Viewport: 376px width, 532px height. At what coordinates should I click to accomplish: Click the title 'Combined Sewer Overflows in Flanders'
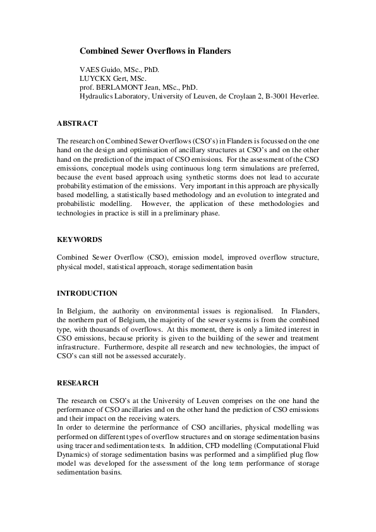[x=155, y=49]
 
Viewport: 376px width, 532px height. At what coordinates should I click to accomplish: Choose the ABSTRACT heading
[x=77, y=123]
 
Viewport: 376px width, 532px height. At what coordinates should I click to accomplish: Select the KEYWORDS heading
[x=79, y=240]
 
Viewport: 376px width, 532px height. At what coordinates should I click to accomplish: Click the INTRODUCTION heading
[x=87, y=293]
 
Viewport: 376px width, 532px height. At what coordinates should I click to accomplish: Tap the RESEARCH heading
[x=78, y=382]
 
